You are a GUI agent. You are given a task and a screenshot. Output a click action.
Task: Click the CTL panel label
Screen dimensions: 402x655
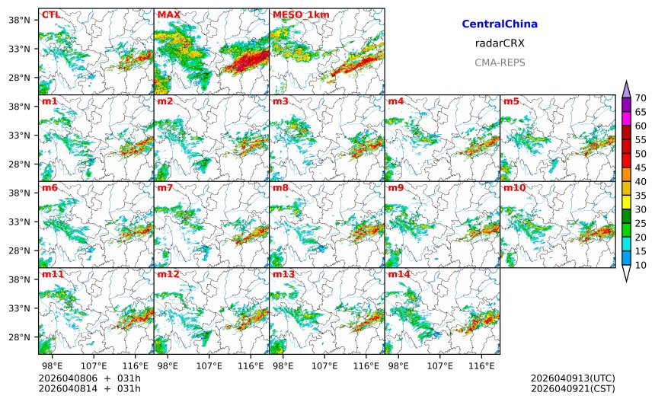pos(50,14)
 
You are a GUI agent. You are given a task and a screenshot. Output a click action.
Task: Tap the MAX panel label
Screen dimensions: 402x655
pos(168,14)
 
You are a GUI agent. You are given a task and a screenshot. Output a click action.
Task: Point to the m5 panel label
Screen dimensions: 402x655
pos(510,101)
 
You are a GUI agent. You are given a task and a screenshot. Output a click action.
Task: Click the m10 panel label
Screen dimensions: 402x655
pos(513,187)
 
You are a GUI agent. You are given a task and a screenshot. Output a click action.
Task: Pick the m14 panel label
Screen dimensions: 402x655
pos(398,273)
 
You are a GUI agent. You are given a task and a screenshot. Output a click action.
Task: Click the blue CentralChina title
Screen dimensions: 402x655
pos(500,24)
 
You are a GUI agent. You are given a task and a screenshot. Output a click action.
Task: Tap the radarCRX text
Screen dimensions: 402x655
pos(500,43)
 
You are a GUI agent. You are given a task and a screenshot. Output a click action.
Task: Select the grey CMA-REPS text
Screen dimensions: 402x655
pos(500,62)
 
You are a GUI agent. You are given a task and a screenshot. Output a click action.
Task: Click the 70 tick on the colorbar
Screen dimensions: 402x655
pos(641,97)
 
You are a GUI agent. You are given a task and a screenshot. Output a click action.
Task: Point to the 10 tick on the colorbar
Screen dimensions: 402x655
pos(641,265)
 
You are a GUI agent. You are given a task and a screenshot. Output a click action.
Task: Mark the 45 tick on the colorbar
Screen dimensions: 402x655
pos(641,167)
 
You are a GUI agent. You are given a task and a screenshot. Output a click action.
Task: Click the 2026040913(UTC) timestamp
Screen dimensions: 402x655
pos(572,378)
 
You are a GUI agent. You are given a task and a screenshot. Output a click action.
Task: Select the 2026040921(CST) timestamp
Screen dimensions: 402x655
pos(572,389)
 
